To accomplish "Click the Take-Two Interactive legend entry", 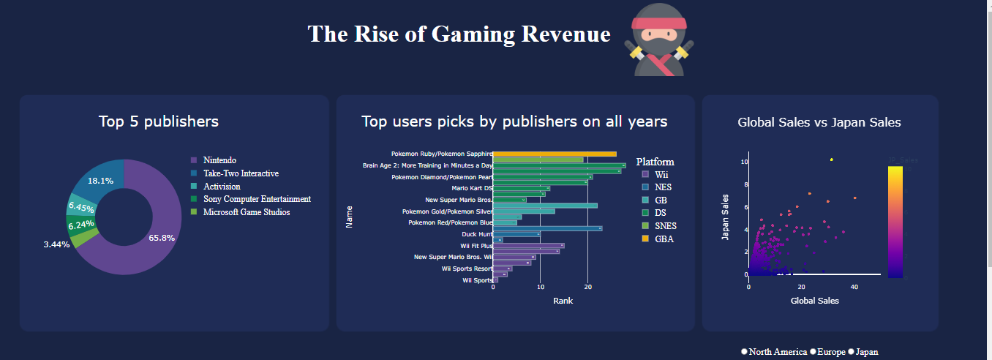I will [240, 173].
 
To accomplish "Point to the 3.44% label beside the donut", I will [56, 244].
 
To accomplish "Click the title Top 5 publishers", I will [159, 121].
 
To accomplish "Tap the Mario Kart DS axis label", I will [472, 188].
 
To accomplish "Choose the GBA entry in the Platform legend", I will [664, 239].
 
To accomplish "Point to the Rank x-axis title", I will [563, 301].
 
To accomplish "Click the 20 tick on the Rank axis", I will [587, 288].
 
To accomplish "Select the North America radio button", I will [745, 352].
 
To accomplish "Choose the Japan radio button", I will [852, 352].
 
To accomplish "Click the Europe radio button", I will [813, 352].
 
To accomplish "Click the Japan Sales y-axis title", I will [726, 217].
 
